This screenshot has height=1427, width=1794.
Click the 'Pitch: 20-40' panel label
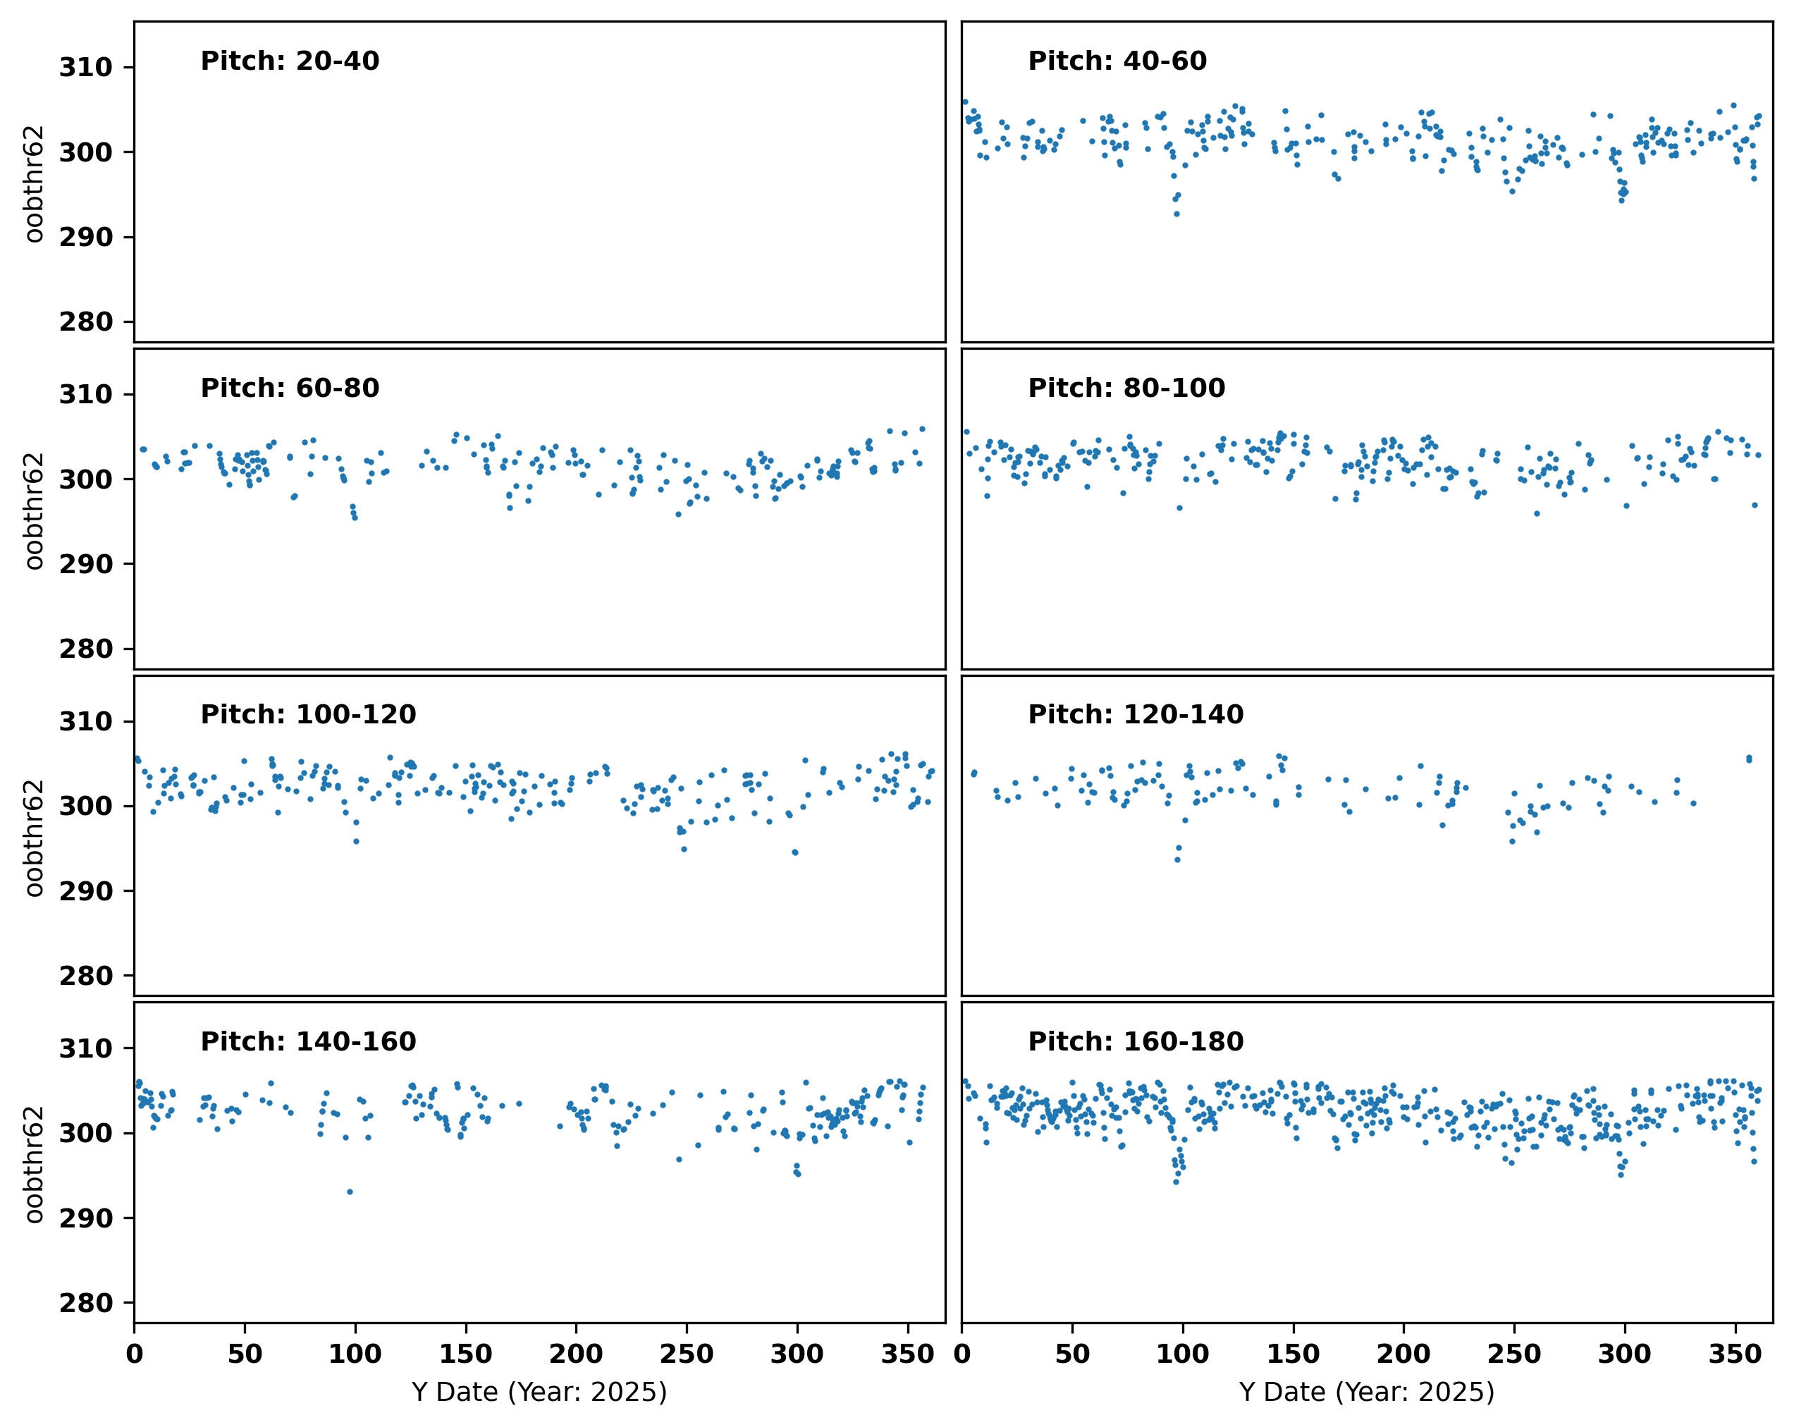[x=290, y=61]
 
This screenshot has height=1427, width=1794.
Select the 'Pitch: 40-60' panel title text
[x=1117, y=61]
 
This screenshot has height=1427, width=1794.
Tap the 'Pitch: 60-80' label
[x=290, y=388]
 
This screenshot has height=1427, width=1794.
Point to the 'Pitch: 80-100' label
[x=1126, y=388]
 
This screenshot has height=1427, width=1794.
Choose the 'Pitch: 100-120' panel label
[x=308, y=714]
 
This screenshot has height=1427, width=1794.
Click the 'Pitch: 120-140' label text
[x=1136, y=714]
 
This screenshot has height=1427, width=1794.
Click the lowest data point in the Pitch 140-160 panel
[x=350, y=1192]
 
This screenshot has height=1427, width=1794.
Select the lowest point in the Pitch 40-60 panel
[x=1176, y=214]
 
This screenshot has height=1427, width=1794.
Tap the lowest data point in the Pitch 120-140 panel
[x=1177, y=859]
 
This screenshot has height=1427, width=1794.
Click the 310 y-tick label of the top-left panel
[x=86, y=68]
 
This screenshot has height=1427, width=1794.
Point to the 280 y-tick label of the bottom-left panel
[x=86, y=1302]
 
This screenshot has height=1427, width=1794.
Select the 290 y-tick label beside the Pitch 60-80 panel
[x=86, y=564]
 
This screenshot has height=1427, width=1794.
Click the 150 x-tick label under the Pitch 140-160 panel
[x=466, y=1354]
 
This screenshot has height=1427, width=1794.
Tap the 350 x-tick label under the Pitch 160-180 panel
[x=1735, y=1354]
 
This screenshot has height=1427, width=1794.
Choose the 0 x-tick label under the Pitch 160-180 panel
[x=962, y=1354]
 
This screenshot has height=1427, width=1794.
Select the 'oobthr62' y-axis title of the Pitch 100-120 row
[x=34, y=837]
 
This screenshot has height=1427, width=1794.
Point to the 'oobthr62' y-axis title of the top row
[x=34, y=183]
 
